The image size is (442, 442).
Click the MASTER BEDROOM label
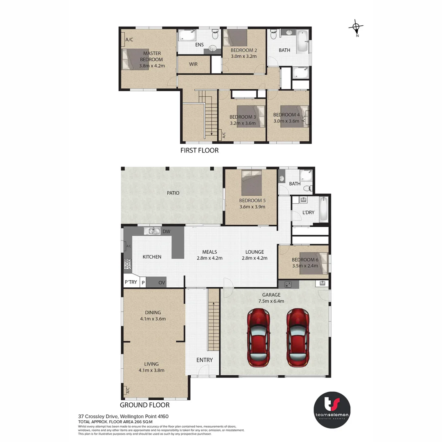pos(151,56)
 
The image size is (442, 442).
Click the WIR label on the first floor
pos(193,64)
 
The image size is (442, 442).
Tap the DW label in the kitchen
pos(166,231)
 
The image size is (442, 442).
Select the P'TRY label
pos(131,282)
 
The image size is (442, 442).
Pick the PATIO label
pos(173,193)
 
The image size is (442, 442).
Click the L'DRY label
pos(308,212)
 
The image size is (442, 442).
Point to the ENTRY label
pos(205,360)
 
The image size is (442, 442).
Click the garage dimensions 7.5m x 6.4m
pos(271,301)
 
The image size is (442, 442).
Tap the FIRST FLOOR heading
pos(199,150)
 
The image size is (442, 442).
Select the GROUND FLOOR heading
pos(144,405)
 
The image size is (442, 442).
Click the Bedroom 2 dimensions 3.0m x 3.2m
pos(244,56)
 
